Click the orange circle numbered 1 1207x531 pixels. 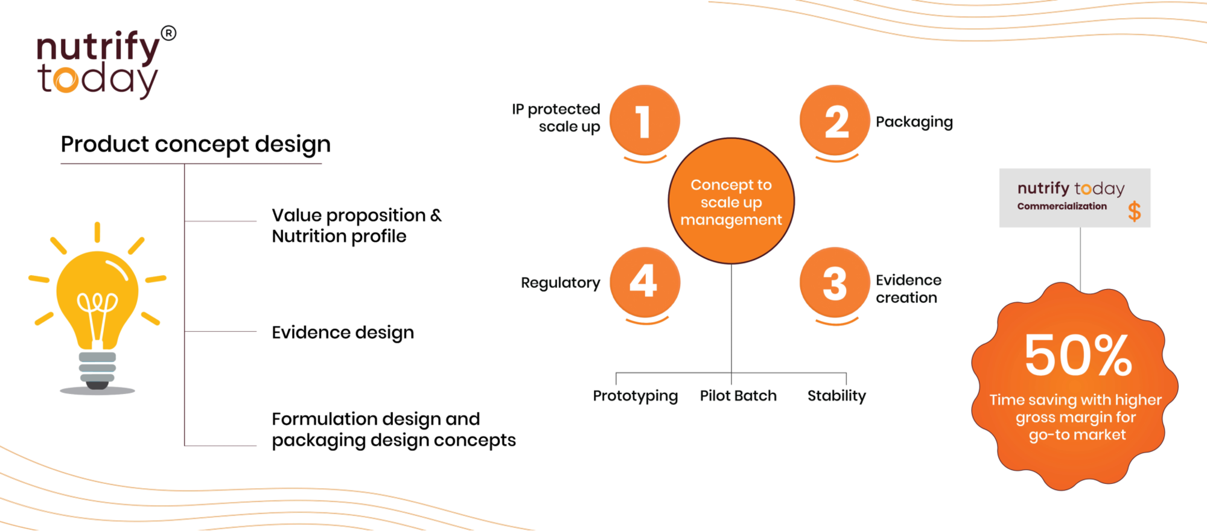[645, 120]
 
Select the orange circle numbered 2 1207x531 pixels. [835, 120]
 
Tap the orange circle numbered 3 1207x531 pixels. [835, 282]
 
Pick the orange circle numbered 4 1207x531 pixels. [645, 282]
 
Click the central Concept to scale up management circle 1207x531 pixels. [731, 201]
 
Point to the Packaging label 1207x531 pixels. [914, 122]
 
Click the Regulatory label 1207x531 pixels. [560, 283]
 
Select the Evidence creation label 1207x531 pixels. [908, 288]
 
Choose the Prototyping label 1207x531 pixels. [635, 396]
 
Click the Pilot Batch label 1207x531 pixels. [738, 396]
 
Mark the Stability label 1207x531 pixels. [836, 396]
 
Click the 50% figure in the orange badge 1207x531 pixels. [1078, 355]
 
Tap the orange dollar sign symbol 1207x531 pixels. [1134, 211]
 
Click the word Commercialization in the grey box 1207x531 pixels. [1062, 206]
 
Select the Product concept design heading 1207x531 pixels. [196, 145]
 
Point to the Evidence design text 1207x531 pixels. [342, 332]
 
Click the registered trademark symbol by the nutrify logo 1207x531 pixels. [169, 33]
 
